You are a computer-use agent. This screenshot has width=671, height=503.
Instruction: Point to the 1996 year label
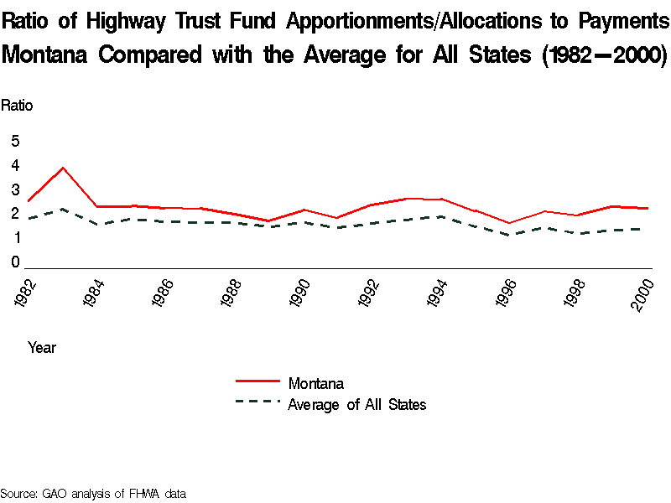507,296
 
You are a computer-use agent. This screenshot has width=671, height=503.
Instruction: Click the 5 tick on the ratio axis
15,142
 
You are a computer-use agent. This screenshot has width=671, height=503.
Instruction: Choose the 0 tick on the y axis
15,263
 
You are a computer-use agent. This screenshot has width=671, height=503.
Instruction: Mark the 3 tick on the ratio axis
15,190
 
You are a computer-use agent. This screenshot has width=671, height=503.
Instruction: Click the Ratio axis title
17,106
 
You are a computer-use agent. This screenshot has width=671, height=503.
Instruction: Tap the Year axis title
42,347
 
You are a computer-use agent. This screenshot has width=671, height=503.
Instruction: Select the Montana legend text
315,384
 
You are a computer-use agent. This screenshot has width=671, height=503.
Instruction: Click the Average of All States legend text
356,405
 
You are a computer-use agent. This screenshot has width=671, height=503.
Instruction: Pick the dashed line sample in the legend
257,402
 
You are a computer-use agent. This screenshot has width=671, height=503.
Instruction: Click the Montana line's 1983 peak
63,168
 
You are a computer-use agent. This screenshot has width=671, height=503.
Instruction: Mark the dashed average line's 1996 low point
508,235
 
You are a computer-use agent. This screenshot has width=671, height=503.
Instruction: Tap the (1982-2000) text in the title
604,55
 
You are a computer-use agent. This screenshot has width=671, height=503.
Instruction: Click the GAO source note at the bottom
92,494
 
